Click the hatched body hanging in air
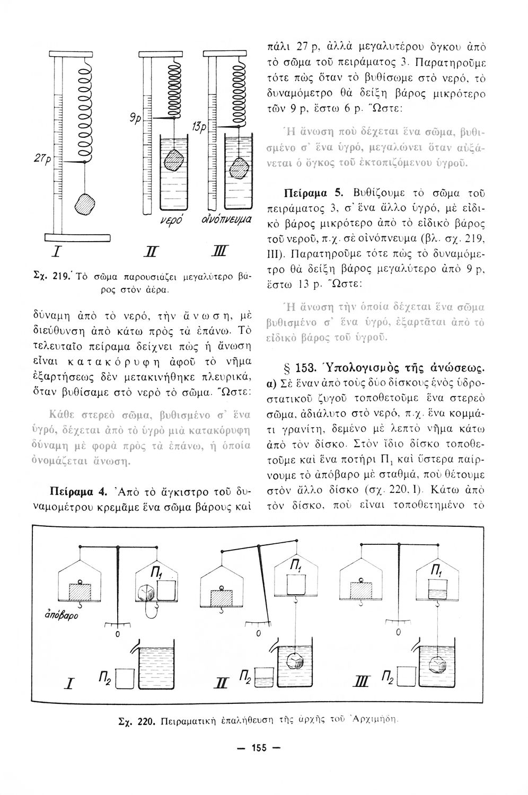point(86,204)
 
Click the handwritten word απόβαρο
point(57,617)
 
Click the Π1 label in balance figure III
point(436,571)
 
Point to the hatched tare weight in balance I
point(80,590)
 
